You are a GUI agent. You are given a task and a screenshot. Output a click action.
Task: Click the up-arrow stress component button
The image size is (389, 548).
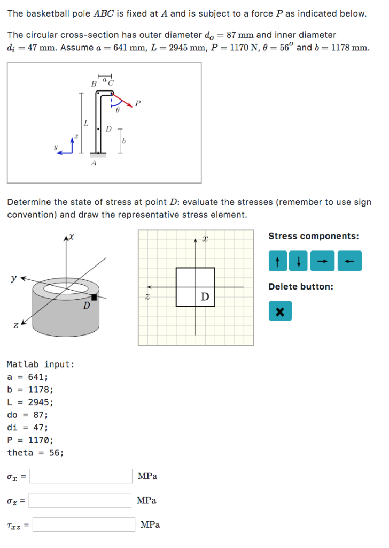(278, 261)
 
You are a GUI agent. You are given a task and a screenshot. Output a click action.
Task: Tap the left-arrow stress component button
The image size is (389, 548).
(350, 261)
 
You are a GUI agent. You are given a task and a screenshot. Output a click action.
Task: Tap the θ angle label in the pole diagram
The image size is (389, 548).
(117, 113)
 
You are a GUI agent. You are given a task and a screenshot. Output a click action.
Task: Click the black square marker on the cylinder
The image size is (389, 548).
(95, 297)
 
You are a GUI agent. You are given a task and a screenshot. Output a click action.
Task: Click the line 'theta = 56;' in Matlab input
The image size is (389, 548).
(35, 453)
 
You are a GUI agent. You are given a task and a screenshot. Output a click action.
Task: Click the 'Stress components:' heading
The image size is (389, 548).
(314, 236)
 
